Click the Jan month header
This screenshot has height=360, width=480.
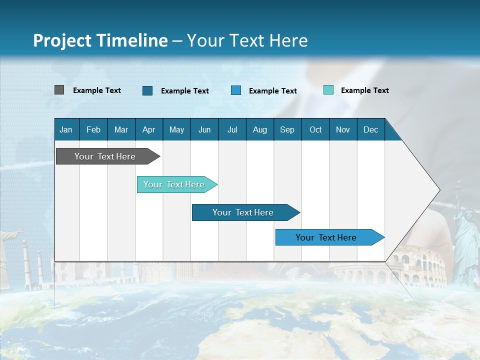(66, 129)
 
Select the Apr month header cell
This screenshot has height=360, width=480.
(148, 129)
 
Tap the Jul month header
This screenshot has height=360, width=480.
(232, 129)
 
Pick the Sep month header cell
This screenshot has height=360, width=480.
(287, 129)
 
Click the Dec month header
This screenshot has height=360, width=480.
(370, 129)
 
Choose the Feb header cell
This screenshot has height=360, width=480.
(93, 129)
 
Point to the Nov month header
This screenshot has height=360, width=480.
(342, 129)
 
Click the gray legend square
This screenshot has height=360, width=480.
(59, 90)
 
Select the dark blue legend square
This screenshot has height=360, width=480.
(147, 90)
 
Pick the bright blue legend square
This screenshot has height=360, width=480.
(236, 90)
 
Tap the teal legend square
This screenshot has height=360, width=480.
(328, 90)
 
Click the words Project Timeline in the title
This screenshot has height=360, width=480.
(100, 40)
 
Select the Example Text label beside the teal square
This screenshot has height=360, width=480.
(364, 90)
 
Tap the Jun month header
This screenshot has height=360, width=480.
(204, 129)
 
